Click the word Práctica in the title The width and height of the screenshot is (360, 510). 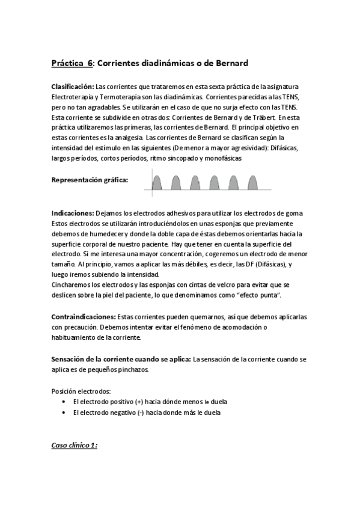point(68,63)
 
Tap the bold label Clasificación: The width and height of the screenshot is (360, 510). point(73,87)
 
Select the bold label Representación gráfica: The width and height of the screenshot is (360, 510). point(90,180)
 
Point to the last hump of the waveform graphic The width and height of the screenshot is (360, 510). point(251,182)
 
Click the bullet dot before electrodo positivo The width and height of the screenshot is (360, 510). point(64,401)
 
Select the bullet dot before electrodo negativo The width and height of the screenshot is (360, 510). point(64,413)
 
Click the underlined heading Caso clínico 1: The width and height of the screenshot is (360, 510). point(74,446)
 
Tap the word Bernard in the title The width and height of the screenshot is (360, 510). point(228,63)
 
